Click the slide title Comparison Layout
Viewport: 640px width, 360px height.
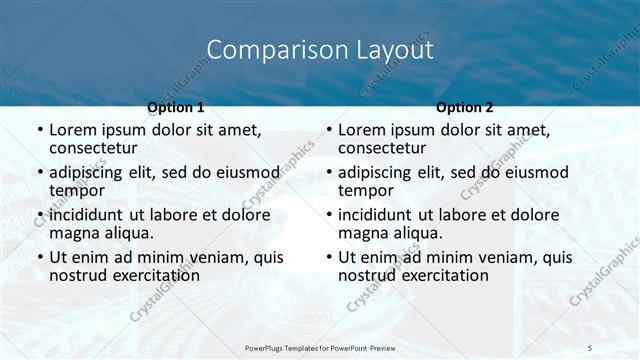pyautogui.click(x=320, y=50)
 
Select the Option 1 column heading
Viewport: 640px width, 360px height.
pyautogui.click(x=175, y=107)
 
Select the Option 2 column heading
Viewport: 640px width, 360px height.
pyautogui.click(x=465, y=107)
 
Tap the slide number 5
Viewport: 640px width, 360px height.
pyautogui.click(x=590, y=348)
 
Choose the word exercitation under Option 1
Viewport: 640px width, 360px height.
pyautogui.click(x=157, y=275)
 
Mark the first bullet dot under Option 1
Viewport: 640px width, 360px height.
pyautogui.click(x=39, y=131)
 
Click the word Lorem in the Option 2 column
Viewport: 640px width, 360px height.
pyautogui.click(x=363, y=130)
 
